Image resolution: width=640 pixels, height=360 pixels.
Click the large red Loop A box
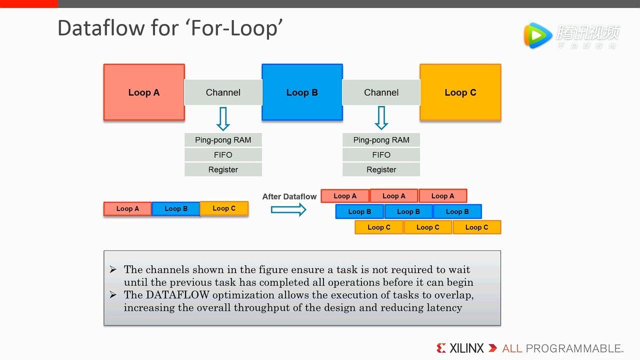click(x=144, y=92)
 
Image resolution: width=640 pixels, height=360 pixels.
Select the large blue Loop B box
click(x=302, y=92)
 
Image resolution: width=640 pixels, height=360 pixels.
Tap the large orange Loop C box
click(x=460, y=92)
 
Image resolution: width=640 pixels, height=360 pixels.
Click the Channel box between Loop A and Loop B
click(x=223, y=92)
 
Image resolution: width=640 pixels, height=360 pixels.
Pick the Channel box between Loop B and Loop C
click(x=381, y=92)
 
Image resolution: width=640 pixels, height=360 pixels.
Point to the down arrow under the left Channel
click(x=223, y=118)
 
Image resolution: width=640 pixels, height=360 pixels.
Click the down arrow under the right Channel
click(x=381, y=118)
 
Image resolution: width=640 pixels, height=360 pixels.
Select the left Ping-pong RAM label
click(x=223, y=140)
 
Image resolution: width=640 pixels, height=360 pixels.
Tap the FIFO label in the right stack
click(x=381, y=155)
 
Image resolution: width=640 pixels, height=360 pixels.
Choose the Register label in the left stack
click(x=223, y=169)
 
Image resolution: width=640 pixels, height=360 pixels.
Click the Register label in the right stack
click(x=381, y=169)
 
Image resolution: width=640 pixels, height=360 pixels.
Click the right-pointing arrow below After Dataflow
click(x=288, y=209)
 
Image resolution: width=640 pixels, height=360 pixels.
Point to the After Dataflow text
click(x=289, y=196)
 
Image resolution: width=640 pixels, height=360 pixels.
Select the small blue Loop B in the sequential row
click(x=175, y=208)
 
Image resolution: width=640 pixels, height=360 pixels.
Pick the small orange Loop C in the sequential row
click(x=224, y=208)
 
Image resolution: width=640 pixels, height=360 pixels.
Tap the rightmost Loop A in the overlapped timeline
click(x=443, y=196)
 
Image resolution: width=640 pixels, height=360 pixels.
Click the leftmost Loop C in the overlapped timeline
click(x=379, y=227)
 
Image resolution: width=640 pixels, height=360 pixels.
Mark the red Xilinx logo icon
click(x=441, y=348)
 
